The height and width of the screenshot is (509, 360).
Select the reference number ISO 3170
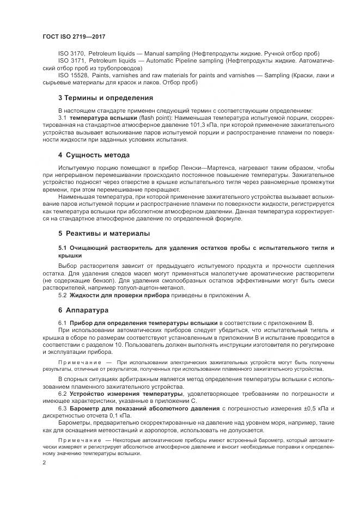coord(70,54)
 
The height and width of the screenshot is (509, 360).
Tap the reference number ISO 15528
coord(72,75)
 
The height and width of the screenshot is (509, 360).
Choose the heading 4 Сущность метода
coord(93,155)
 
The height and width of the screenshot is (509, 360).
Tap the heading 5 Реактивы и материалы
coord(104,234)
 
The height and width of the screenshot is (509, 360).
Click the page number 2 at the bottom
coord(44,462)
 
